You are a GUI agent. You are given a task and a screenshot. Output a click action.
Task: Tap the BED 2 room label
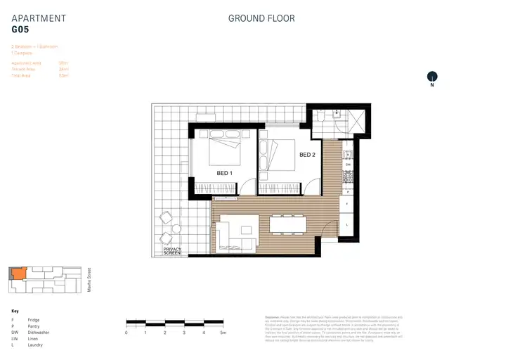[x=306, y=155]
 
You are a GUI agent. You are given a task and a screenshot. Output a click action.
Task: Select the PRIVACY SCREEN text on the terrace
[x=172, y=251]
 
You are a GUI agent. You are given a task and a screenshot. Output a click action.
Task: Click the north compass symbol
[x=432, y=77]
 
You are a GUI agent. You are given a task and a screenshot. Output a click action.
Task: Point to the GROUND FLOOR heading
[x=261, y=18]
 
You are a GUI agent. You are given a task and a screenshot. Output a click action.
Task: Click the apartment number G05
[x=20, y=30]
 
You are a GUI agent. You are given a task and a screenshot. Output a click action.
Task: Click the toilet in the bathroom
[x=337, y=113]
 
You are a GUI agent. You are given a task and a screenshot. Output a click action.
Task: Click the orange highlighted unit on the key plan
[x=16, y=274]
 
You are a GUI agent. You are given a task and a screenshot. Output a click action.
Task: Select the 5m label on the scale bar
[x=223, y=332]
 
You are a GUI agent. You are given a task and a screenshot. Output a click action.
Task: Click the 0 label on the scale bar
[x=126, y=332]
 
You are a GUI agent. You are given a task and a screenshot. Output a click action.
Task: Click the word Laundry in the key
[x=35, y=345]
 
